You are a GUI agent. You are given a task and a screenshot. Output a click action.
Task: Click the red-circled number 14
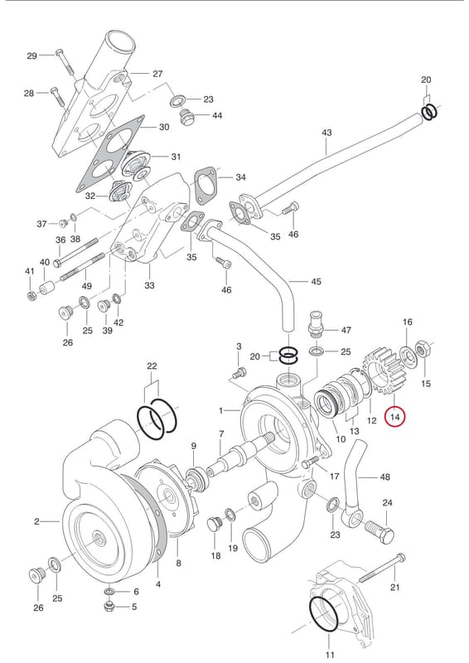click(395, 418)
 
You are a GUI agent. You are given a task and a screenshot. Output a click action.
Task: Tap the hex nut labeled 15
click(423, 350)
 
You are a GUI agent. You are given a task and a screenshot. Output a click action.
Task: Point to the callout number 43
click(327, 133)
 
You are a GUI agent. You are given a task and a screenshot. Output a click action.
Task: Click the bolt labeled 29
click(65, 65)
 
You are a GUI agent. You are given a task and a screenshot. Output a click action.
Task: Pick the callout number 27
click(157, 74)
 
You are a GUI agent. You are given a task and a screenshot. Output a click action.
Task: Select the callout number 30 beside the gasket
click(164, 127)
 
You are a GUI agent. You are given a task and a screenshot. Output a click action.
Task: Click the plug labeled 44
click(186, 117)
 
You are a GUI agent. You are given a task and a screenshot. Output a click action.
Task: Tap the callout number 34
click(240, 177)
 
